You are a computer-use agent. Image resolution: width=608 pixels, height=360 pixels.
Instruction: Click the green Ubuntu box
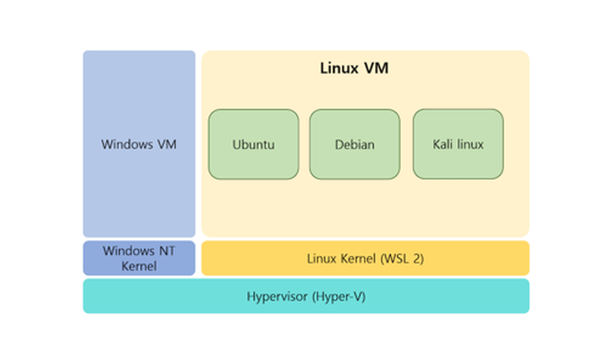tap(253, 144)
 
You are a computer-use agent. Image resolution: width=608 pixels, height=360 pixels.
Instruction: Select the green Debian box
tap(354, 144)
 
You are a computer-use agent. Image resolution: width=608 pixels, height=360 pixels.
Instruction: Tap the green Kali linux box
tap(458, 144)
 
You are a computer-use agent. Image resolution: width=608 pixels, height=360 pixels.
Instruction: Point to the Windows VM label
tap(138, 144)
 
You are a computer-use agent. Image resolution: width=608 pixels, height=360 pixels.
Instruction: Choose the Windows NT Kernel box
tap(138, 259)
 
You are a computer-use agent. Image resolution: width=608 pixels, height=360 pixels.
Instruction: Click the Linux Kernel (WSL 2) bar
tap(365, 259)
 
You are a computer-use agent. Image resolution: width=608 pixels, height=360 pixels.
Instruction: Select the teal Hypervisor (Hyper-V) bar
tap(306, 297)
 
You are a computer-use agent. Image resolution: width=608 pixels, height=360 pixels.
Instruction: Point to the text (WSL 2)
tap(402, 259)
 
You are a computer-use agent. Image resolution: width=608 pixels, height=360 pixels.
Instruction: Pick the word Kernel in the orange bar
tap(358, 259)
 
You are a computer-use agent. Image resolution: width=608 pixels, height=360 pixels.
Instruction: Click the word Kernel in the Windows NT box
tap(138, 266)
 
